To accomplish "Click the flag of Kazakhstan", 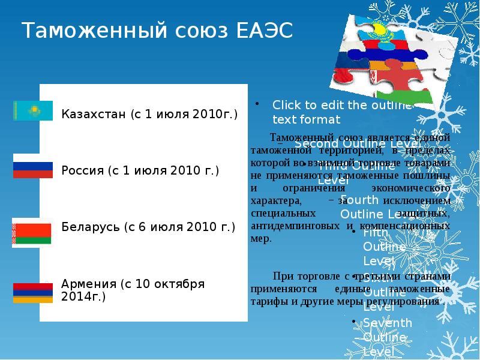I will [x=33, y=110].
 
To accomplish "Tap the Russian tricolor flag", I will [x=33, y=170].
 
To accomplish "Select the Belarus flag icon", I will [x=33, y=231].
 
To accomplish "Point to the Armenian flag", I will [x=33, y=292].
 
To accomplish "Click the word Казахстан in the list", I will [x=94, y=114].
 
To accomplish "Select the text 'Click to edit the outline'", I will [x=343, y=105].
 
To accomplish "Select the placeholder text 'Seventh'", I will [x=388, y=323].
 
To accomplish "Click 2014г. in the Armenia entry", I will [x=83, y=296].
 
